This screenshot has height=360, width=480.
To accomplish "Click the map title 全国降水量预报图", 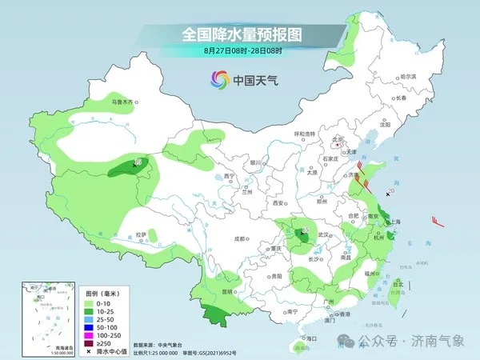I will click(x=240, y=34).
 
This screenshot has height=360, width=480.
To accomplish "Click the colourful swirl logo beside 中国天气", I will click(x=219, y=79).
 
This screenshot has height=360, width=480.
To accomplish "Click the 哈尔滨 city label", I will click(x=409, y=76).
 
